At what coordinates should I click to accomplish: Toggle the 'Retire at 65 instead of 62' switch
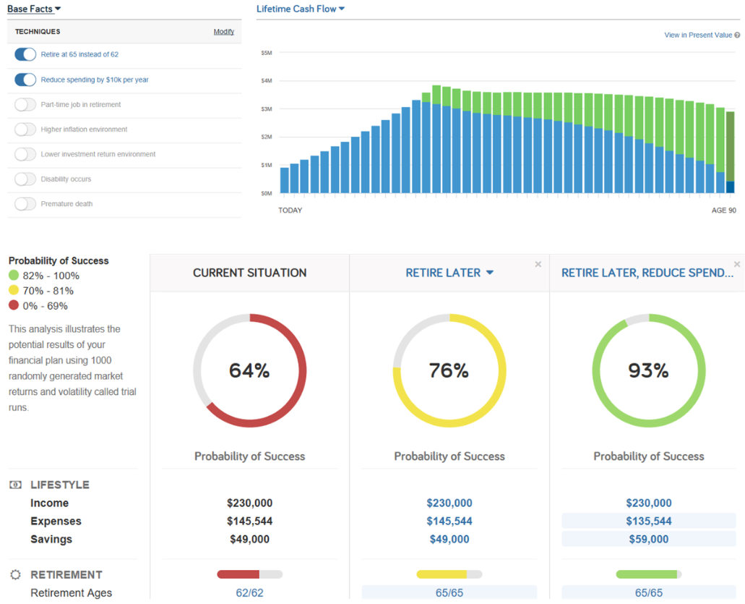click(x=25, y=55)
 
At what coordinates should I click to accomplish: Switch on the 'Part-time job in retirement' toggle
click(x=25, y=105)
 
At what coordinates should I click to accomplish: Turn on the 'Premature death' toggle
click(x=25, y=204)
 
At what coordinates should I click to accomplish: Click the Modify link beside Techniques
click(x=223, y=32)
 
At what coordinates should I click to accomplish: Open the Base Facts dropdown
click(x=34, y=9)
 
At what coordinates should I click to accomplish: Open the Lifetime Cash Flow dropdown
click(x=301, y=9)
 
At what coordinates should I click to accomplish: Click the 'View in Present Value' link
click(x=698, y=35)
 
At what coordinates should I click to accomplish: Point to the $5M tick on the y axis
click(x=266, y=53)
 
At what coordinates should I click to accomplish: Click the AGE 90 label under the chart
click(x=723, y=210)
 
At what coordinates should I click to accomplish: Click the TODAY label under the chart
click(x=290, y=210)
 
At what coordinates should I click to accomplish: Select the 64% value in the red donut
click(x=249, y=370)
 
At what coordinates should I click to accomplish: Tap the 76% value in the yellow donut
click(x=449, y=370)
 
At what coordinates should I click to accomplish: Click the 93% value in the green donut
click(x=648, y=370)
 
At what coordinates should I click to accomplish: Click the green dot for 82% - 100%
click(x=14, y=276)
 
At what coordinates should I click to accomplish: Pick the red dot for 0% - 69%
click(x=14, y=306)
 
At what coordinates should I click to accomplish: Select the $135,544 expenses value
click(x=648, y=521)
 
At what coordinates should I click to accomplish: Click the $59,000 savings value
click(x=648, y=539)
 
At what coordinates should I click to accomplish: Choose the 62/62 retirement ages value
click(x=249, y=593)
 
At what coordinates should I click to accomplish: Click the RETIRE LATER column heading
click(x=443, y=273)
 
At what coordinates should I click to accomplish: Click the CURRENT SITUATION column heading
click(x=249, y=273)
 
